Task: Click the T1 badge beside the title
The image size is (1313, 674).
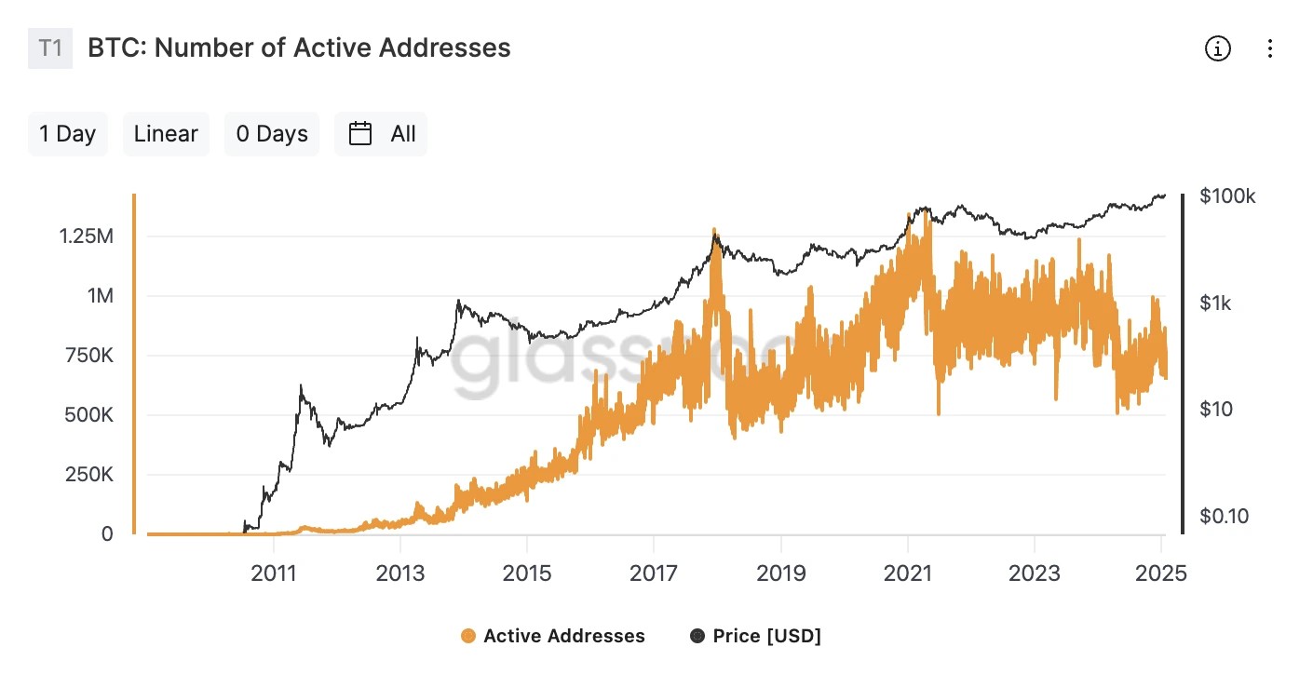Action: tap(50, 48)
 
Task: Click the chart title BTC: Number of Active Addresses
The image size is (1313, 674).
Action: tap(299, 48)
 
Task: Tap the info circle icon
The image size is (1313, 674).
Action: tap(1217, 48)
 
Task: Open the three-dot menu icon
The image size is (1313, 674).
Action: tap(1270, 48)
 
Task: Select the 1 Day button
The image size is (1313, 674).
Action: tap(68, 134)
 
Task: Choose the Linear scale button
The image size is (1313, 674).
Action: tap(166, 134)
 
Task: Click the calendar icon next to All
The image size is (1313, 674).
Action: tap(360, 134)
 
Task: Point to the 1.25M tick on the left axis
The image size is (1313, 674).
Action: tap(87, 236)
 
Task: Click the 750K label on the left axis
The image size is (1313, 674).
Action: tap(86, 356)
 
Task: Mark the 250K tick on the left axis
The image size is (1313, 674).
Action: tap(86, 475)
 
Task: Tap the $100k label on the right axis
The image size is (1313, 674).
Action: tap(1227, 196)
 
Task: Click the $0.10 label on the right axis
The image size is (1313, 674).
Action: tap(1223, 516)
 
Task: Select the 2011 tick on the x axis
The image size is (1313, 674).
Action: tap(275, 573)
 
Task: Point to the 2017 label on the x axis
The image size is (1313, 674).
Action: tap(655, 573)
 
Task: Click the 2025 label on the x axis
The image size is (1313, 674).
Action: tap(1161, 573)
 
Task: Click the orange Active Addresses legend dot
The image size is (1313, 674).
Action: tap(467, 637)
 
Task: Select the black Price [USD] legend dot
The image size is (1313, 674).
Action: tap(697, 637)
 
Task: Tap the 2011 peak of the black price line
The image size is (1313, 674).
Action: tap(301, 385)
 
